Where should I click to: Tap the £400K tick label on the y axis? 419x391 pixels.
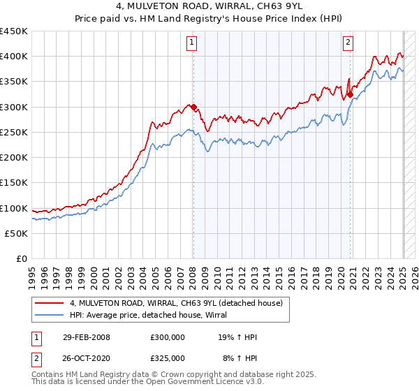[14, 57]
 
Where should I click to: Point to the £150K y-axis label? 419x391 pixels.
[14, 183]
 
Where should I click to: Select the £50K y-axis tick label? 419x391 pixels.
[17, 234]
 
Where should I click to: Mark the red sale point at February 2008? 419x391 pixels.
[194, 108]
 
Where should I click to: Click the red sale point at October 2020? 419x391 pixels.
[351, 95]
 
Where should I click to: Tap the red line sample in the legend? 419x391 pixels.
[50, 303]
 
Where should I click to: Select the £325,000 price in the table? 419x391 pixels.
[167, 357]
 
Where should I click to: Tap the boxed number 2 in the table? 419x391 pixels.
[36, 357]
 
